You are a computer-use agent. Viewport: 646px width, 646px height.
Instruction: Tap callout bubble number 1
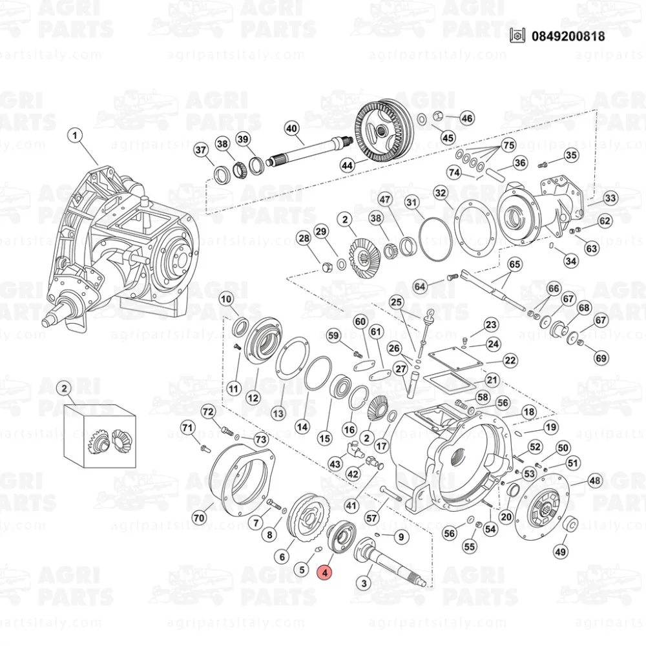76,136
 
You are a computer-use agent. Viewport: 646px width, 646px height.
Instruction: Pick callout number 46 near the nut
466,118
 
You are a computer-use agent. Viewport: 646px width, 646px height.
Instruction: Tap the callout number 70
199,517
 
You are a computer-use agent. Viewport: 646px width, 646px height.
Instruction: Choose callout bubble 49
561,552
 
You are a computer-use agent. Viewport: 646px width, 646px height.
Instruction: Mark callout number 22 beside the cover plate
510,360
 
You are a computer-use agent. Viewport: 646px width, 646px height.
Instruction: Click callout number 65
515,264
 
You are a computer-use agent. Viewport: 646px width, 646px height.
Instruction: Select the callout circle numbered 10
226,299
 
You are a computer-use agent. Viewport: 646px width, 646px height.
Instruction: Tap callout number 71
187,427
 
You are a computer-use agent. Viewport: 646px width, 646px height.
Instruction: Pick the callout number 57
371,517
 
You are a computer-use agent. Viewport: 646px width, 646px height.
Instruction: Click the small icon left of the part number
516,36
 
